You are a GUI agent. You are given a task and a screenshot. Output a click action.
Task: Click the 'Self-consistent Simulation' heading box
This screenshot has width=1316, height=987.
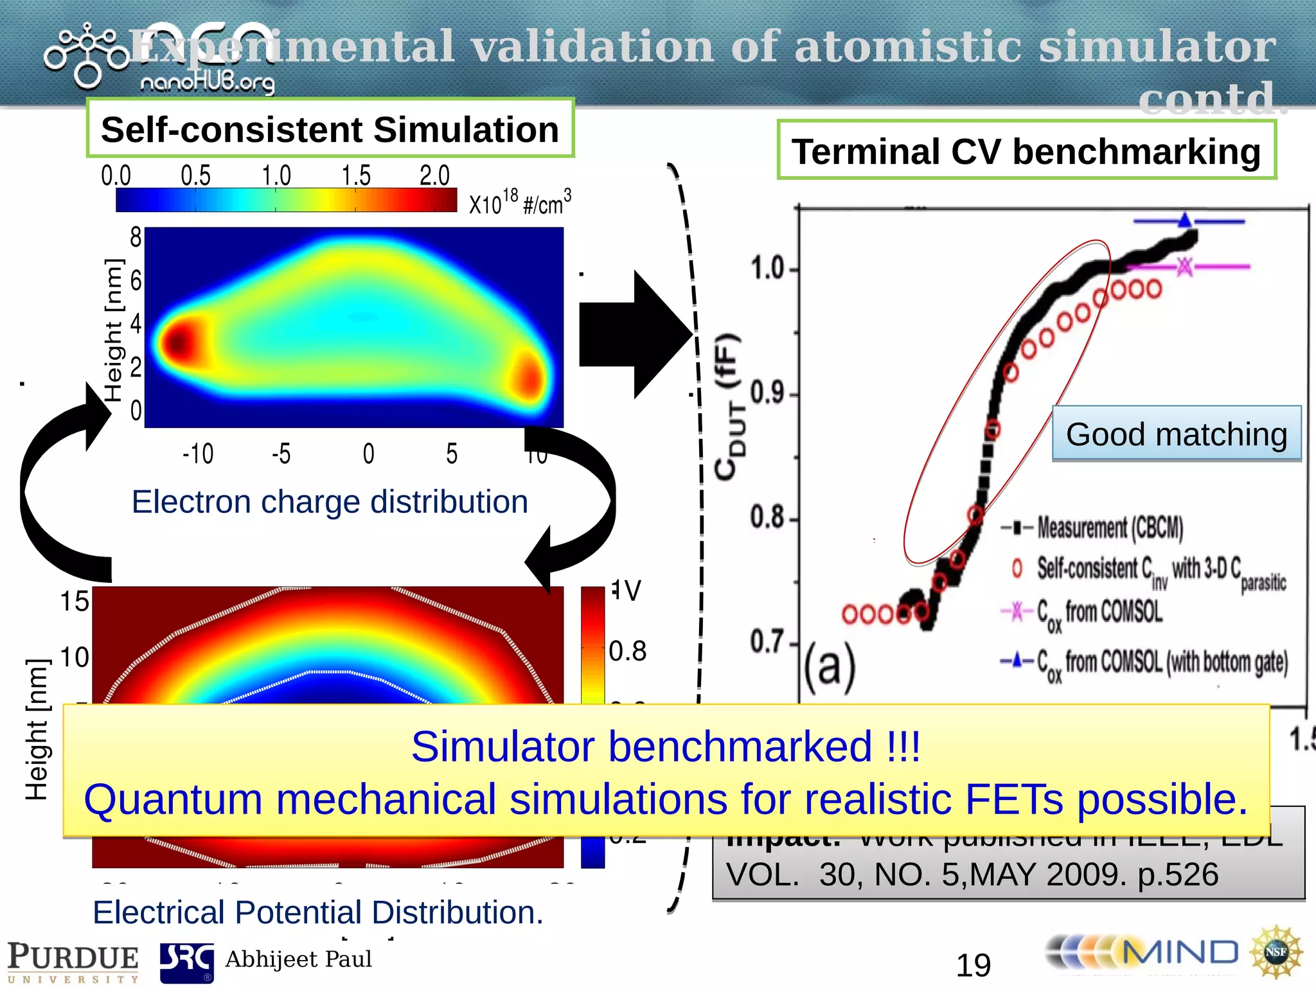tap(330, 129)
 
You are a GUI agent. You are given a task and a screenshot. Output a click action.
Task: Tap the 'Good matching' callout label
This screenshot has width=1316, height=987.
tap(1176, 434)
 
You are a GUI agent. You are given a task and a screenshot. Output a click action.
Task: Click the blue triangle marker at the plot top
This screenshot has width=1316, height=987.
tap(1185, 220)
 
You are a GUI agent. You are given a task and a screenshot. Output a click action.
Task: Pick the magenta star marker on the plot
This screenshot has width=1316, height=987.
tap(1185, 266)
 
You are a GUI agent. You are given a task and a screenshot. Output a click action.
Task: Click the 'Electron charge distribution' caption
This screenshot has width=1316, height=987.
tap(330, 502)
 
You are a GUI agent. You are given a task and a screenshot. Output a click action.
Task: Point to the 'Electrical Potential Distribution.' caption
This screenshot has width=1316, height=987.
tap(318, 912)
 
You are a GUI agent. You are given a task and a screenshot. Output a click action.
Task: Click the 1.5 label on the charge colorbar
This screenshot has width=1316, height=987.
tap(356, 175)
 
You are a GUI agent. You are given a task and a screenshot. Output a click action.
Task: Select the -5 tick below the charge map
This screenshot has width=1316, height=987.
tap(281, 454)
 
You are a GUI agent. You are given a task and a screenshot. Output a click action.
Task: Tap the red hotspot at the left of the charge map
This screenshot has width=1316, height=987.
tap(178, 341)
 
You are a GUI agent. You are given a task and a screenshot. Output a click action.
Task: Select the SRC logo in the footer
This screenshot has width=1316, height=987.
tap(186, 963)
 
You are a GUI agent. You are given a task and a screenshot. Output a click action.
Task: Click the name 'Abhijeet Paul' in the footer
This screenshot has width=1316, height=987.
tap(298, 959)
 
